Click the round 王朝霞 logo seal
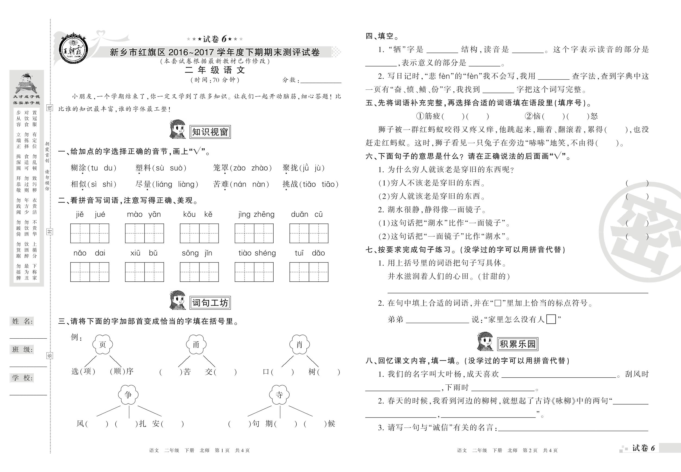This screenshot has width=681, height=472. [x=73, y=49]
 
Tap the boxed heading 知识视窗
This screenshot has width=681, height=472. [x=210, y=132]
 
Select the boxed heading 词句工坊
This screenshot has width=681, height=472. [x=210, y=303]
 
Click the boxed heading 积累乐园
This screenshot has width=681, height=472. [x=518, y=344]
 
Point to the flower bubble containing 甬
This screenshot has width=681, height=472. [x=196, y=345]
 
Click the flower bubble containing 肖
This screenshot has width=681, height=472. [x=299, y=345]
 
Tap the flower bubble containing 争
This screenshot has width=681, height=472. [x=128, y=395]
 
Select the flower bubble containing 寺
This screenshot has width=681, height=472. [x=279, y=395]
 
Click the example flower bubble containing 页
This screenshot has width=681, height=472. [x=102, y=345]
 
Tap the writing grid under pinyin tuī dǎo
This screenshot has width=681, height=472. [x=309, y=272]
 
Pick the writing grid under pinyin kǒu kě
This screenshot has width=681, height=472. [x=199, y=233]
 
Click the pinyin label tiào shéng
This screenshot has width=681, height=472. [x=257, y=253]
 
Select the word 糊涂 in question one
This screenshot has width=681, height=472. [x=78, y=168]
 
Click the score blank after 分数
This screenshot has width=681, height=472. [x=321, y=80]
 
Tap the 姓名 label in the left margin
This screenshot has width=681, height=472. [x=23, y=322]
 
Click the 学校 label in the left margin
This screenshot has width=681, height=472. [x=23, y=378]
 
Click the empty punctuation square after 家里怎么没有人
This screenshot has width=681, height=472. [x=551, y=319]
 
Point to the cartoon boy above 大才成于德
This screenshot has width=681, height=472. [x=26, y=83]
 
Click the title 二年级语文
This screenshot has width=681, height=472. [x=215, y=70]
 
